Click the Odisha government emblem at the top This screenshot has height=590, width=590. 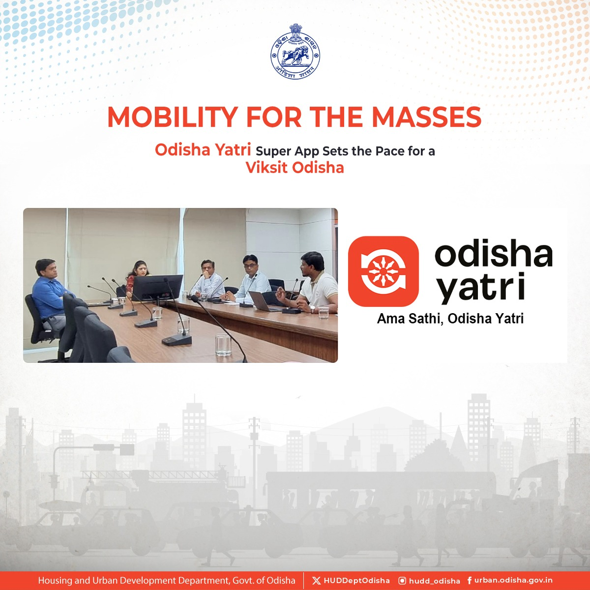295,52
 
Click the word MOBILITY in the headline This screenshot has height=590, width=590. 173,117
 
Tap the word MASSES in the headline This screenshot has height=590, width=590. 426,117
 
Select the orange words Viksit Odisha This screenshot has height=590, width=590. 295,168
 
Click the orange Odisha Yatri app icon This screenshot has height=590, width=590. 383,271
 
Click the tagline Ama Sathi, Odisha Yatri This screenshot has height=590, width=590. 450,319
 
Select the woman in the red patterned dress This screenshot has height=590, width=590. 137,277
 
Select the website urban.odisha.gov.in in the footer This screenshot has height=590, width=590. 513,580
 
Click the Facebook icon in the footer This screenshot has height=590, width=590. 470,581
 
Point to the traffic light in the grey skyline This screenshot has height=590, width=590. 55,482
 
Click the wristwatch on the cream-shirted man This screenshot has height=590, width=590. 312,309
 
